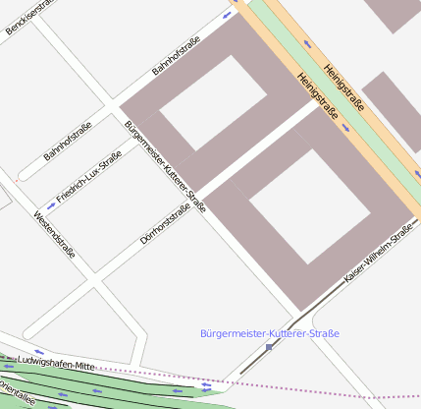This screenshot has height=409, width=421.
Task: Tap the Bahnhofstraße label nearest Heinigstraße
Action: click(x=176, y=56)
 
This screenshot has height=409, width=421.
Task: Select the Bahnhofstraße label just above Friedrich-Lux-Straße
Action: click(x=68, y=142)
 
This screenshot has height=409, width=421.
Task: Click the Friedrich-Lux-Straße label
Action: click(x=89, y=176)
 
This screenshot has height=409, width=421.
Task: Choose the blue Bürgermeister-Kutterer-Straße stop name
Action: click(x=268, y=334)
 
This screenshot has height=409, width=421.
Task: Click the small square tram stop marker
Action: click(x=269, y=347)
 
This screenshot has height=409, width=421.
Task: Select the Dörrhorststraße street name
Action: click(x=165, y=223)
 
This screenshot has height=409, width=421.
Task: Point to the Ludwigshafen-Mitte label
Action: click(x=56, y=366)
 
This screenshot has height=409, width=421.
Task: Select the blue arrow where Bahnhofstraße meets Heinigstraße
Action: click(x=228, y=17)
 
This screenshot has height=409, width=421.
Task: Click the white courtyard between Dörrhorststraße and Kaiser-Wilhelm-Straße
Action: click(x=309, y=205)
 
